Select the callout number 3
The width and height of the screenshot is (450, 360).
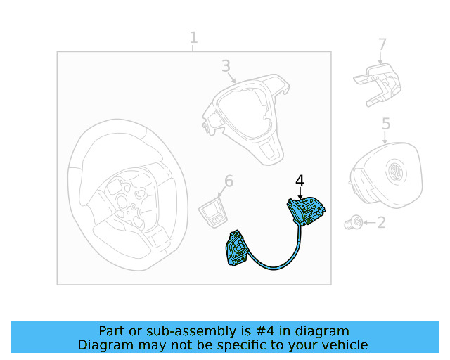coord(226,66)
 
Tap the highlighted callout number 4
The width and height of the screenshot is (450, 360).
coord(300,181)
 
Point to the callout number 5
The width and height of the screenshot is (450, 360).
coord(386,124)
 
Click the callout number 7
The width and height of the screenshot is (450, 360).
coord(382,45)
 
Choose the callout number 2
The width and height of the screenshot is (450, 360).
coord(381,223)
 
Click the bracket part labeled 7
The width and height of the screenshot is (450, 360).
coord(376,84)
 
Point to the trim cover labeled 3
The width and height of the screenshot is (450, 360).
coord(246,120)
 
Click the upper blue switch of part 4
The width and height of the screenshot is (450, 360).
coord(305,210)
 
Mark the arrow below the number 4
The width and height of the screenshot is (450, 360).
coord(300,194)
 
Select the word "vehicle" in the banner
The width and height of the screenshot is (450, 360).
coord(342,345)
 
